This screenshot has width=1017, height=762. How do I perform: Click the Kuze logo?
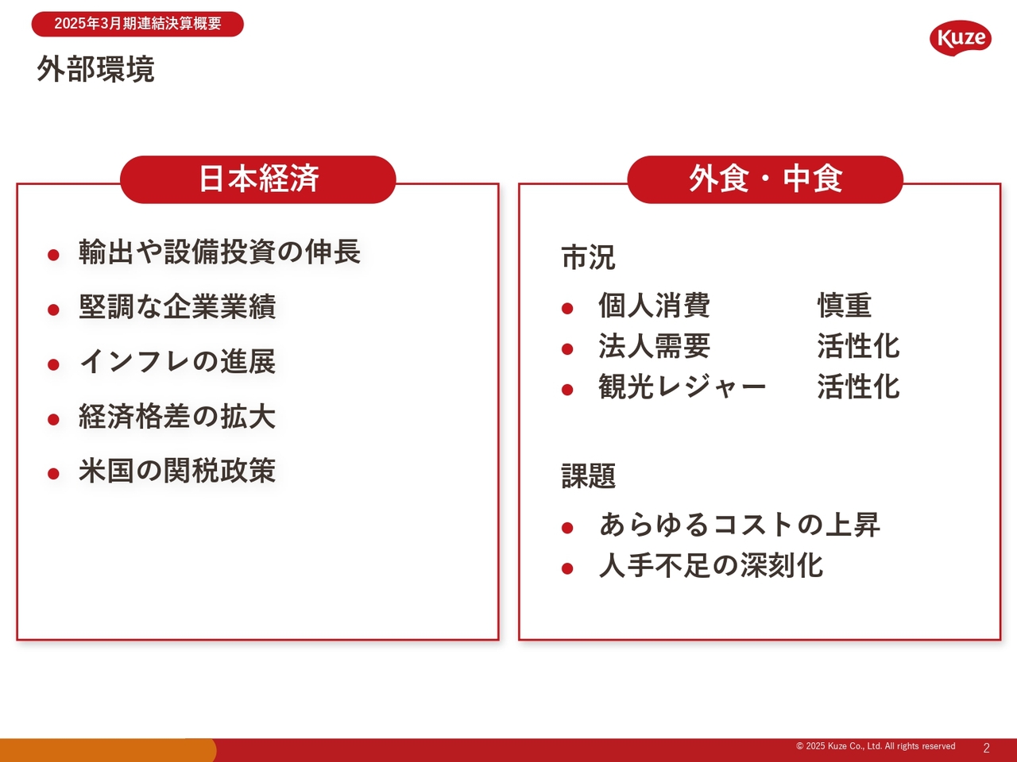tap(960, 38)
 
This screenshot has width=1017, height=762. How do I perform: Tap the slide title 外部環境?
tap(95, 69)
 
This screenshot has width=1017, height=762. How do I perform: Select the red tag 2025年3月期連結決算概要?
tap(137, 24)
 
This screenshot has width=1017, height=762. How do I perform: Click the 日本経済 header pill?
tap(258, 179)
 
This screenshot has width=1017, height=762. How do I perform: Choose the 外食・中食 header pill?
tap(765, 179)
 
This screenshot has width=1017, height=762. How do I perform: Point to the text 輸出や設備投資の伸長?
tap(219, 252)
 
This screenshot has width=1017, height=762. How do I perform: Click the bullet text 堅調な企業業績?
tap(177, 306)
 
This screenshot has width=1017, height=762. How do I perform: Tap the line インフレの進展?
tap(177, 361)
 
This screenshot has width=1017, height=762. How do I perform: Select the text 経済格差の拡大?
tap(177, 417)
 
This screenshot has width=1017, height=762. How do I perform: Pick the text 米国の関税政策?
tap(177, 471)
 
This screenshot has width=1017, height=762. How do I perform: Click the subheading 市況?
tap(589, 257)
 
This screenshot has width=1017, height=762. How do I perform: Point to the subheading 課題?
tap(589, 475)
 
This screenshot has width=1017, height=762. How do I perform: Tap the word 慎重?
tap(844, 306)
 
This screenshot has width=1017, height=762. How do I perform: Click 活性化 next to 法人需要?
tap(858, 346)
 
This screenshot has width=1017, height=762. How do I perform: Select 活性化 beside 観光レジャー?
tap(858, 387)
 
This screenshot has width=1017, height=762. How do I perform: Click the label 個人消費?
tap(654, 306)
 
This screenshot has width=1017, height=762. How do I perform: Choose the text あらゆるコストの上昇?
tap(740, 525)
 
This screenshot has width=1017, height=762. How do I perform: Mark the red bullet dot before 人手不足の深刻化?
tap(567, 568)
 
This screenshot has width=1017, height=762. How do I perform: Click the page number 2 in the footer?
tap(987, 749)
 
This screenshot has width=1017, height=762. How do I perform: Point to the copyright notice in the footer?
tap(876, 746)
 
